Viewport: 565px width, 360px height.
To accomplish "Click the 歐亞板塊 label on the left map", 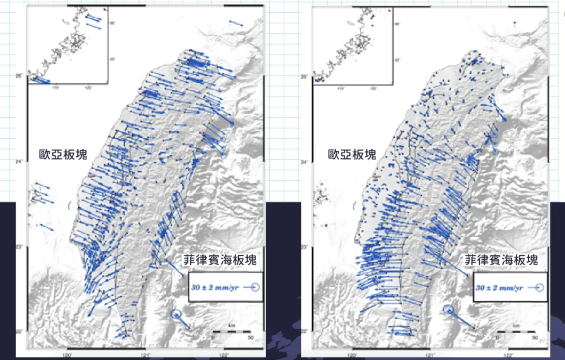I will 63,154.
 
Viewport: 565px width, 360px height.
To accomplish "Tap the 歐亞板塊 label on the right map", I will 352,154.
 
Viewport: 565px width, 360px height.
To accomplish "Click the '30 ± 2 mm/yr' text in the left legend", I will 218,287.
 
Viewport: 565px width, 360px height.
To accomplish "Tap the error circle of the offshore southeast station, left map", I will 176,314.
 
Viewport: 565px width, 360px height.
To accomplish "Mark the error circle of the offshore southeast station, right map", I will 449,309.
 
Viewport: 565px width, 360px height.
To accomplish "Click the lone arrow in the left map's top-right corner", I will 235,23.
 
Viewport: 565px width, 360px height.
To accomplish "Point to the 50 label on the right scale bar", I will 535,337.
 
